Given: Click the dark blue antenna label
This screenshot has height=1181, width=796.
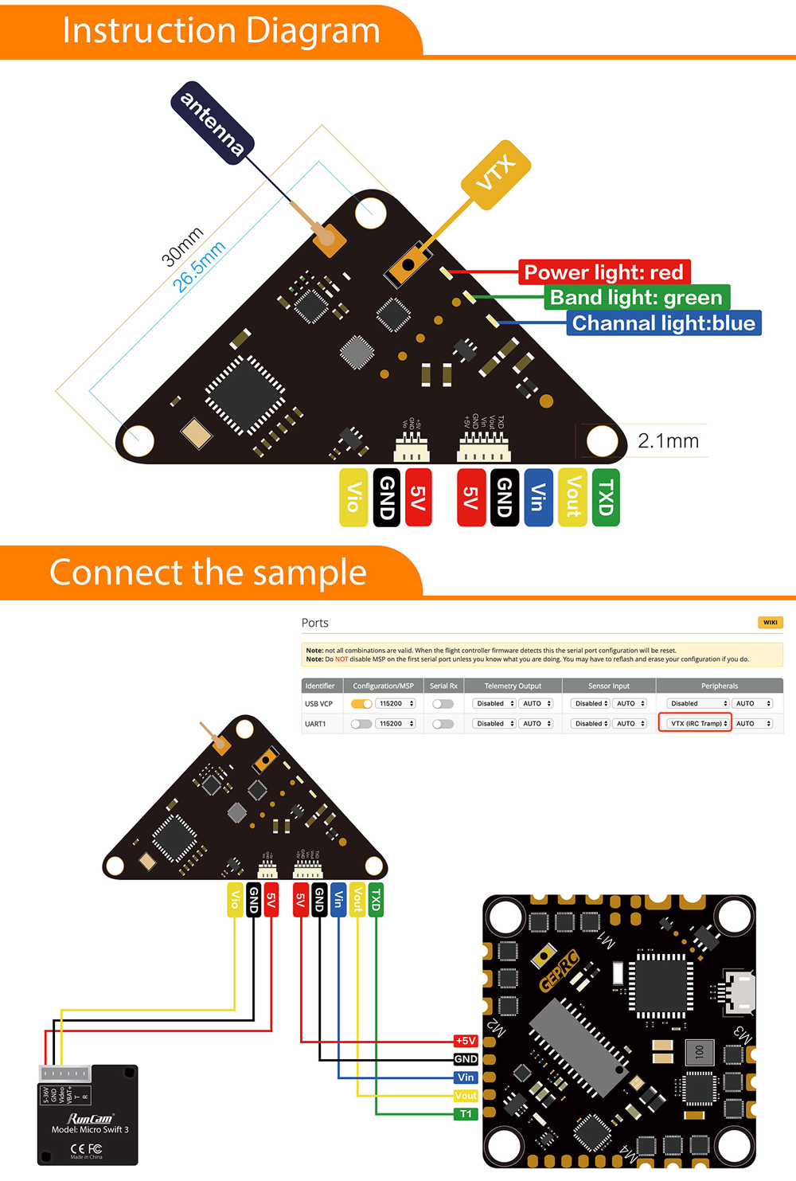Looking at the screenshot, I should tap(213, 123).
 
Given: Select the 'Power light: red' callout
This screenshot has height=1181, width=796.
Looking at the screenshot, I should tap(603, 272).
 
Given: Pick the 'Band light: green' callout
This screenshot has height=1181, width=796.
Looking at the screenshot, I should tap(636, 298).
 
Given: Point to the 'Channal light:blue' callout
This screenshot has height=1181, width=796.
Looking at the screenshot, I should tap(663, 323).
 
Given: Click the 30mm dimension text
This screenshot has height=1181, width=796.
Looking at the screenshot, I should tap(182, 246).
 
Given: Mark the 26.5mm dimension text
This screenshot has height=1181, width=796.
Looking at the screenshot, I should tap(199, 266).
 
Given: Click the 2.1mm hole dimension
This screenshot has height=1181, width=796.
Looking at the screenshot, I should tap(668, 440).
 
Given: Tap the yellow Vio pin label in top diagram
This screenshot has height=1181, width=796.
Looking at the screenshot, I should tap(353, 498).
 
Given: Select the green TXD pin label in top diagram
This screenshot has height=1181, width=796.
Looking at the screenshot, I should tap(606, 498).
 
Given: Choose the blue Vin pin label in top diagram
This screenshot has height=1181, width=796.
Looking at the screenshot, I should tap(538, 498).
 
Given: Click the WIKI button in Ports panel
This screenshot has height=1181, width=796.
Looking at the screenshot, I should tap(770, 623).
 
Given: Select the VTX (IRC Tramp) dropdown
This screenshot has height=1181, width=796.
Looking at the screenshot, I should tap(695, 723).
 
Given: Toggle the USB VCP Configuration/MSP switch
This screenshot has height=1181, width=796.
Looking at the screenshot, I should tap(361, 703).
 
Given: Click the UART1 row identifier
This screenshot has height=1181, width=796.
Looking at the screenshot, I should tap(315, 724).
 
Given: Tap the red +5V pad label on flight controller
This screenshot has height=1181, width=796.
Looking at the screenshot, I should tap(466, 1041).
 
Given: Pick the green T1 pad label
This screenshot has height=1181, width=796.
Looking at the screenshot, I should tap(466, 1114).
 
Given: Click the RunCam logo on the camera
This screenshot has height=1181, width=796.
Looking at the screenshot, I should tap(90, 1118).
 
